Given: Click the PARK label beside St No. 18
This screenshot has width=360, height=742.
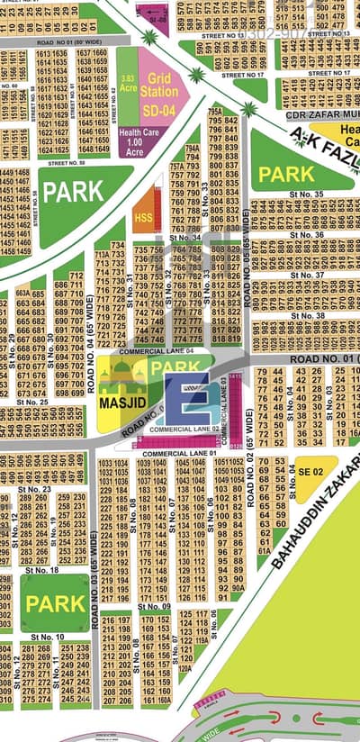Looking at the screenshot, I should pos(55,603).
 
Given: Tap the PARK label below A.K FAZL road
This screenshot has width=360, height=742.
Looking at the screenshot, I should pos(286,173).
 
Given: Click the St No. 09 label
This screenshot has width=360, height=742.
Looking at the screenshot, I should pos(154,607).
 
